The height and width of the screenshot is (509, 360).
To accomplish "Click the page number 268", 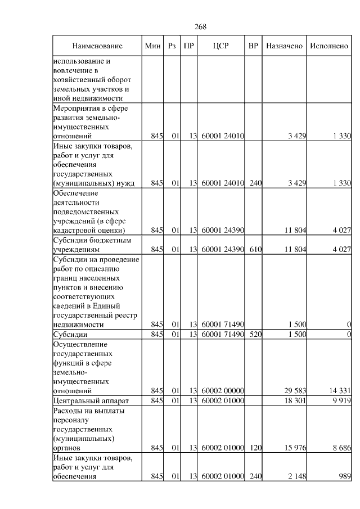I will (x=201, y=27).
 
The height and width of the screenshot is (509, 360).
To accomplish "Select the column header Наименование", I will (x=97, y=46).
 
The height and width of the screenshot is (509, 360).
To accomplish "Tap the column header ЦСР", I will (x=221, y=46).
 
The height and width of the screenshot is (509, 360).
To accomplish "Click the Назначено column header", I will (x=284, y=46).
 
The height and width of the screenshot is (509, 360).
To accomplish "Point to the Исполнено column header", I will (x=329, y=46).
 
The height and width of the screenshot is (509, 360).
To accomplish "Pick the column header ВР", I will (x=254, y=46).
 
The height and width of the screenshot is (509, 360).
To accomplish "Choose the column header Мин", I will (x=152, y=46).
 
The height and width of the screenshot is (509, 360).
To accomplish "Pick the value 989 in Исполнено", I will (x=345, y=476).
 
